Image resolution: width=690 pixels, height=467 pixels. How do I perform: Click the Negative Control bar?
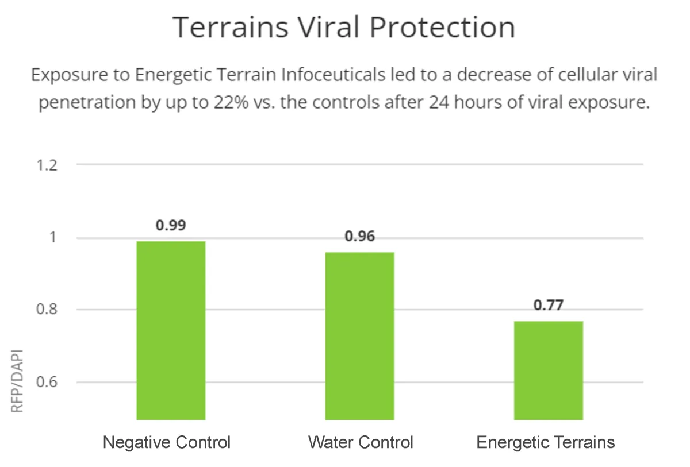click(171, 330)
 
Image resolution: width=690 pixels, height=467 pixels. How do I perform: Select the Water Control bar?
click(360, 336)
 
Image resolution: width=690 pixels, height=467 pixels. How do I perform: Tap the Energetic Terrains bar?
click(549, 370)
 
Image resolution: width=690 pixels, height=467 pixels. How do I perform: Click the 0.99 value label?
click(171, 225)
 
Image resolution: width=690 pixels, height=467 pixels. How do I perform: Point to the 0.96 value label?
click(360, 236)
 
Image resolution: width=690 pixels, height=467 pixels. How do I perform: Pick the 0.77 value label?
click(549, 305)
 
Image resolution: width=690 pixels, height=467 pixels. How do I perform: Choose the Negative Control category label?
click(167, 442)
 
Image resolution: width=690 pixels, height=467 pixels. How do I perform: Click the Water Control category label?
click(361, 442)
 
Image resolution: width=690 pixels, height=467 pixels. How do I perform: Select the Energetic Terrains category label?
click(546, 442)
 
